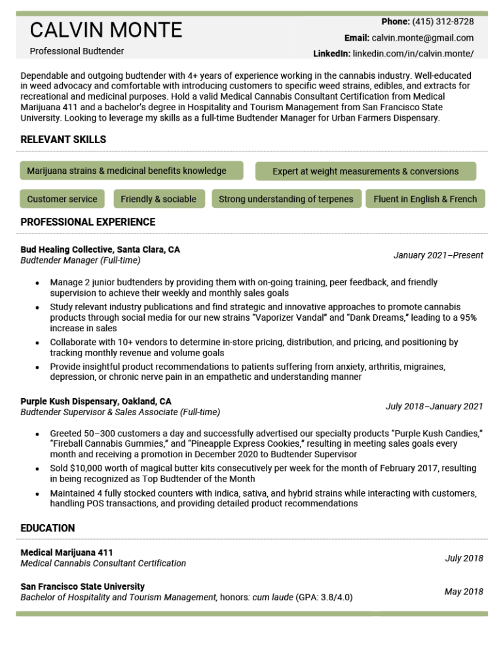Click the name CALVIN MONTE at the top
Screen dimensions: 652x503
(106, 30)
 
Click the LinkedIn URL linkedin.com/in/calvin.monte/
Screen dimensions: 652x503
(413, 53)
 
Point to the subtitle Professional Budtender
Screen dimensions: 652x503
(77, 51)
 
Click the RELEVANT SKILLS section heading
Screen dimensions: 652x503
(63, 140)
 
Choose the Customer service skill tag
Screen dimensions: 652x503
(62, 199)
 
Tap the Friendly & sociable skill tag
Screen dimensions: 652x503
(158, 199)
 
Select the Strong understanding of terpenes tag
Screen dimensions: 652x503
(286, 199)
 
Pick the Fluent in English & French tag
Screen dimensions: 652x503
(425, 199)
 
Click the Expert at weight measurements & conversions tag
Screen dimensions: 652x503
(365, 171)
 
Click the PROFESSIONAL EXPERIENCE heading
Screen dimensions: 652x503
(88, 222)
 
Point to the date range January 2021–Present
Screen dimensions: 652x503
(438, 255)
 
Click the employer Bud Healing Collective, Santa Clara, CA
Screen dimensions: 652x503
(100, 250)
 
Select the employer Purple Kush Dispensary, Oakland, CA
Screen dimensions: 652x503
(96, 401)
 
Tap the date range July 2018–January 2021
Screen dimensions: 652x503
(434, 407)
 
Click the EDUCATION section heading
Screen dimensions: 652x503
(48, 528)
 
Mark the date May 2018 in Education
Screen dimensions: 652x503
(464, 592)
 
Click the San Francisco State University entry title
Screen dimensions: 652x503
(83, 586)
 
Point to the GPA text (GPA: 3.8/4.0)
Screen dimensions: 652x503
(324, 597)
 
